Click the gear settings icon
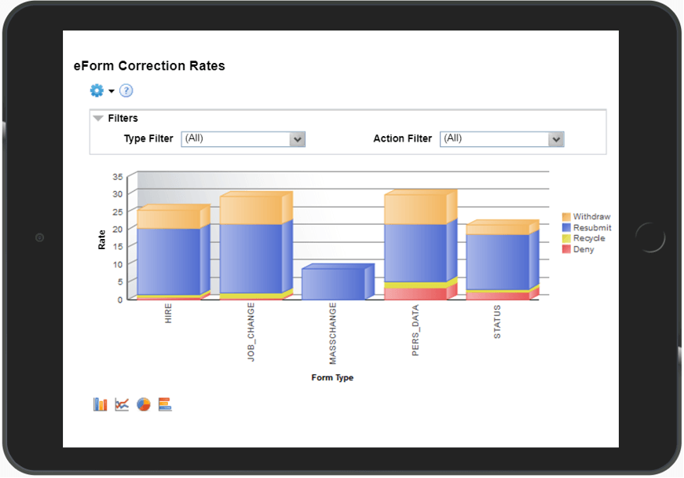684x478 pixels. click(97, 91)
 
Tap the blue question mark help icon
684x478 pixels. click(126, 91)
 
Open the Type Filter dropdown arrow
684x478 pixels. click(297, 139)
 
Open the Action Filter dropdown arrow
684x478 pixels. click(556, 139)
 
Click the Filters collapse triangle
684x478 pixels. click(98, 119)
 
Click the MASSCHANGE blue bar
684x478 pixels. click(333, 284)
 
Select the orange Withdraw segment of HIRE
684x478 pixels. click(169, 219)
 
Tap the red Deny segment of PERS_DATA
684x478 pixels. click(415, 293)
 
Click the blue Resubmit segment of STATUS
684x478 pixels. click(497, 262)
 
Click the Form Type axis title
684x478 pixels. click(332, 378)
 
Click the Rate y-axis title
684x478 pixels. click(101, 240)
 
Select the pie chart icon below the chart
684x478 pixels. click(144, 405)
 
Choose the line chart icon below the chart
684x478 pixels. click(122, 405)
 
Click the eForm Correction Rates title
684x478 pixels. click(149, 66)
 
